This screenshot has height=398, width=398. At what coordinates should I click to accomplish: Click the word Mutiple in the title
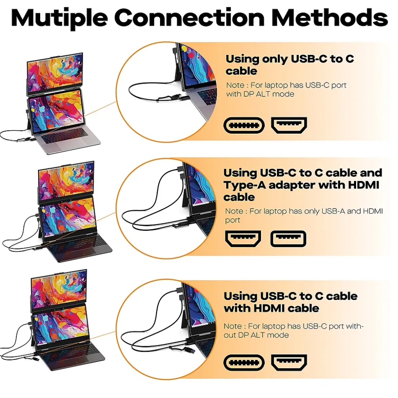[59, 18]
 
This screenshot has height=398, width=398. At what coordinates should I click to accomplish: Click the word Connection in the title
[190, 17]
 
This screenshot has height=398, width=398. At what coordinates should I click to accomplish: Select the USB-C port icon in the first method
[244, 125]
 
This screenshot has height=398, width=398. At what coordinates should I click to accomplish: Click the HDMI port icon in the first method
[289, 125]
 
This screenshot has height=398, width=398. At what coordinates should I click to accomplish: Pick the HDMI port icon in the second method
[243, 239]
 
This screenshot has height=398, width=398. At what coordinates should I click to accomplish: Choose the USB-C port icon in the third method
[244, 362]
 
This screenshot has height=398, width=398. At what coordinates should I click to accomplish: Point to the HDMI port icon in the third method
[289, 362]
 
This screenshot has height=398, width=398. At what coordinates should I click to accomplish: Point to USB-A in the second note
[333, 211]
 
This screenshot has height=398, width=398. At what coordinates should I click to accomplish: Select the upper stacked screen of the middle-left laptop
[66, 182]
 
